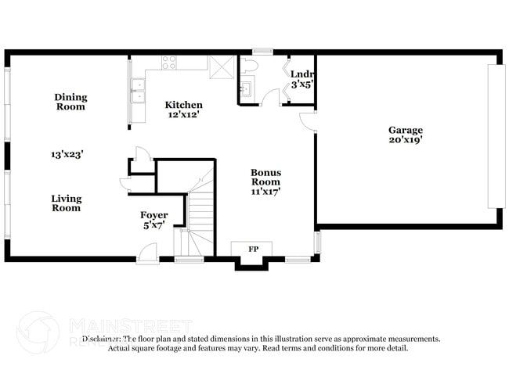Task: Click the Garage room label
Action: click(x=406, y=130)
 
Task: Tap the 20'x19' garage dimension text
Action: click(x=406, y=141)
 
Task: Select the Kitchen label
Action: click(x=183, y=105)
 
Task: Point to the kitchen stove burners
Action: click(x=169, y=63)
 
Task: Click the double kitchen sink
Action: click(x=138, y=92)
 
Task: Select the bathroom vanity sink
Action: click(x=247, y=88)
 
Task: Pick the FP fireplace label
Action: click(x=253, y=249)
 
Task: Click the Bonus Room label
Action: click(x=265, y=177)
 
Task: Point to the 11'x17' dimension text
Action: click(x=265, y=190)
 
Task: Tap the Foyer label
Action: click(x=153, y=215)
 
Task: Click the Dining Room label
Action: click(x=70, y=102)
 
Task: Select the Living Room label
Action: click(x=67, y=203)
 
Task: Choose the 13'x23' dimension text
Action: click(x=67, y=155)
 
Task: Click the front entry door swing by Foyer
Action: click(x=146, y=253)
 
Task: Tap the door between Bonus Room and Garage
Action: click(x=309, y=121)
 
